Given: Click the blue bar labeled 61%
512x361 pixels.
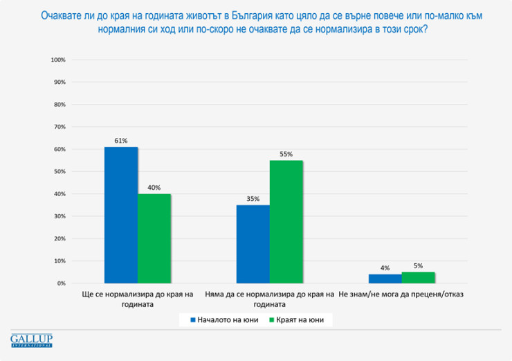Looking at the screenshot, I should [x=121, y=215].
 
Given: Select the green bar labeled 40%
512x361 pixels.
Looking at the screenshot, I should [x=154, y=238].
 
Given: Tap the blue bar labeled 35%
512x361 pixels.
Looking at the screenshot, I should [x=253, y=244].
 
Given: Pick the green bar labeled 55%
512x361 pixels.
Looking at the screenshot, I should [x=286, y=222].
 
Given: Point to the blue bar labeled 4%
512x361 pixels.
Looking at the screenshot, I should [x=385, y=279].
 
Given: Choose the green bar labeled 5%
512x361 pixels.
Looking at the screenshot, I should [x=418, y=277].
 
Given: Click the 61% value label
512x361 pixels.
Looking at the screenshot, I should [x=121, y=141].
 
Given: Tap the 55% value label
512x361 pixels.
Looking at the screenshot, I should [x=286, y=154].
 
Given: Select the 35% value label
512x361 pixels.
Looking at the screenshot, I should [x=253, y=199].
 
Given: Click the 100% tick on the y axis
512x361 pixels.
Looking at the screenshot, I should [x=58, y=60].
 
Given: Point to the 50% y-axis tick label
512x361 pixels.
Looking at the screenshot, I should [x=60, y=172].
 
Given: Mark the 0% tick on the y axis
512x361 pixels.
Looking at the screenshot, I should [x=61, y=283].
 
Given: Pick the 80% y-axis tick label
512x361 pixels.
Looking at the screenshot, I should [x=60, y=105].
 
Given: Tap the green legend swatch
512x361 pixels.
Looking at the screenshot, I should [x=271, y=319].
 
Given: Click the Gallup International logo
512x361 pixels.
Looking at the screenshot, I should [x=32, y=340].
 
